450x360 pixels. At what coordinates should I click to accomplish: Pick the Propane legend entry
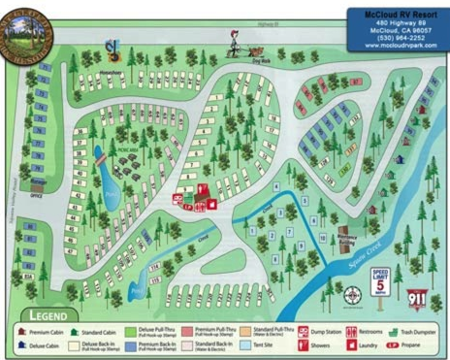point(419,344)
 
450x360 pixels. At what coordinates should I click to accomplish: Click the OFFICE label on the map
point(38,195)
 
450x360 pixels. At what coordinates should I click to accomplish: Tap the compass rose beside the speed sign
point(350,291)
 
